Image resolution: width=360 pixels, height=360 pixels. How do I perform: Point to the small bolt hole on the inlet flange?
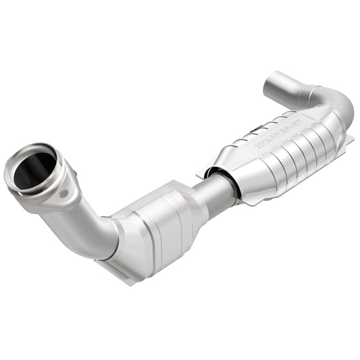point(64,194)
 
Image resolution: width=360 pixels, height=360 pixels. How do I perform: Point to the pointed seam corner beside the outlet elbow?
point(351,140)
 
